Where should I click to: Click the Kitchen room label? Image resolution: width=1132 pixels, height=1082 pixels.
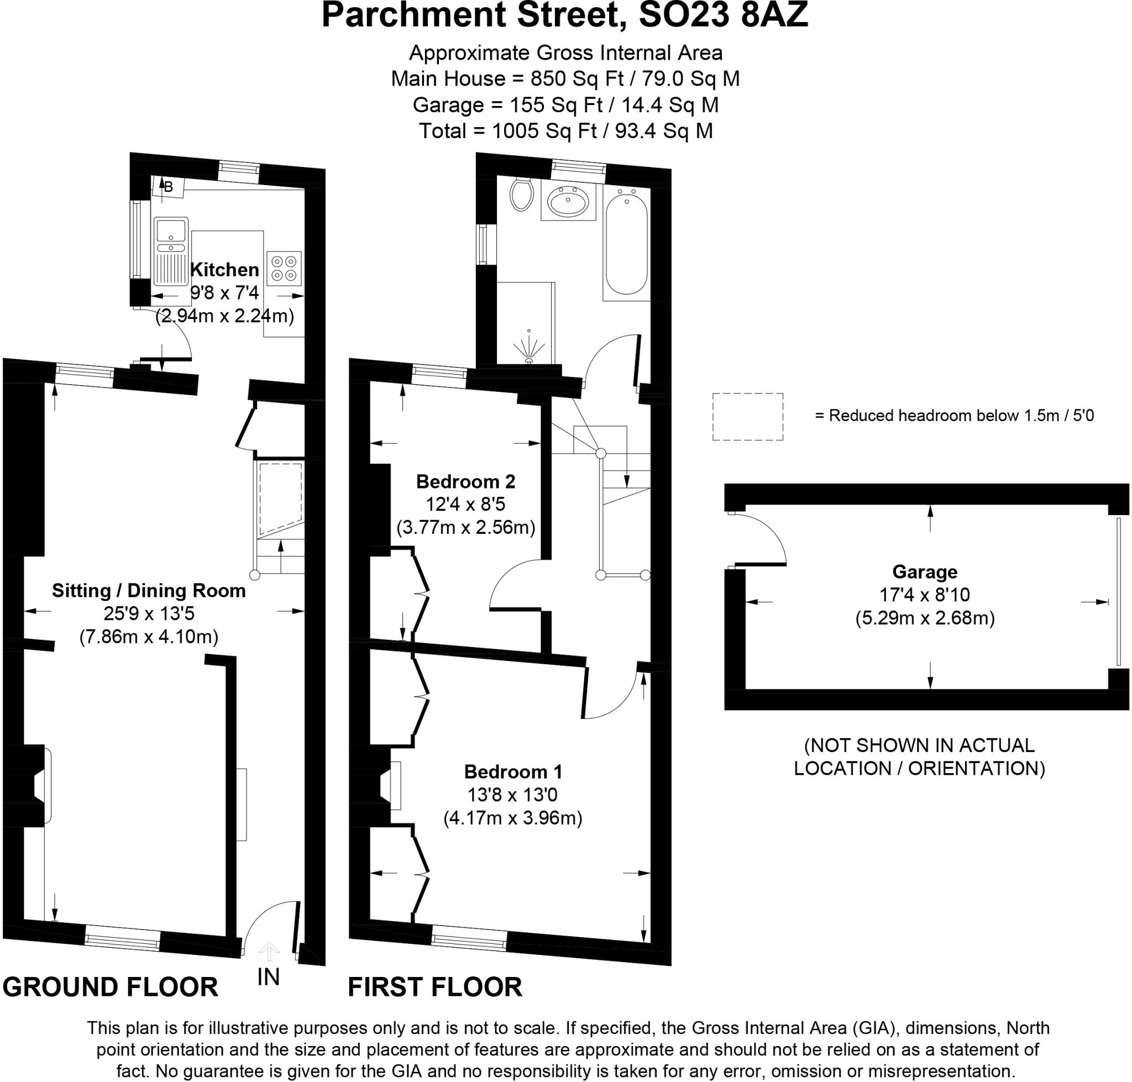pos(224,269)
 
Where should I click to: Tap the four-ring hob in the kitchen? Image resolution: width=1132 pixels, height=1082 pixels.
pos(284,269)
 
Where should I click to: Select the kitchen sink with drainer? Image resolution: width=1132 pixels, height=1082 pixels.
pos(171,251)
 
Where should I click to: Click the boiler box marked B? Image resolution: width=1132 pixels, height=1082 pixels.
pos(167,187)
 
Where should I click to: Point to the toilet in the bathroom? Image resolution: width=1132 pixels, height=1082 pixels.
pos(521,195)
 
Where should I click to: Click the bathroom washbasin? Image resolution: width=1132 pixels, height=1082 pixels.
pos(568,202)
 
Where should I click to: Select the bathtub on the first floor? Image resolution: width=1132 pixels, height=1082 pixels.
pos(626,245)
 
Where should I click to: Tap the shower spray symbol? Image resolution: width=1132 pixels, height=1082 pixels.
pos(528,348)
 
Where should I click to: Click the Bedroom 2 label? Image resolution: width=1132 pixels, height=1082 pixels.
pos(465,481)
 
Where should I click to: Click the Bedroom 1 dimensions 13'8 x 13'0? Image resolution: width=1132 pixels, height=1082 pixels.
pos(512,795)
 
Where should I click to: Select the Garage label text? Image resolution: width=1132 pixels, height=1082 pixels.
pos(924,571)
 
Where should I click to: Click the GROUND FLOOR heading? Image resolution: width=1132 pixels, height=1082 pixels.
pos(110,987)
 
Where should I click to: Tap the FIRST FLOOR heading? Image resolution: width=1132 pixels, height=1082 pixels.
pos(434,987)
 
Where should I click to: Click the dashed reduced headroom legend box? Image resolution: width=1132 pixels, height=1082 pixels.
pos(747,417)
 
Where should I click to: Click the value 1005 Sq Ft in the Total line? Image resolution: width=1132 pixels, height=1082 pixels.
pos(544,131)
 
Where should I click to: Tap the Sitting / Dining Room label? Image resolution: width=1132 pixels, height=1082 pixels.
pos(149,591)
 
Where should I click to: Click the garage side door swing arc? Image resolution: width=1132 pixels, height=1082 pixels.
pos(767,533)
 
